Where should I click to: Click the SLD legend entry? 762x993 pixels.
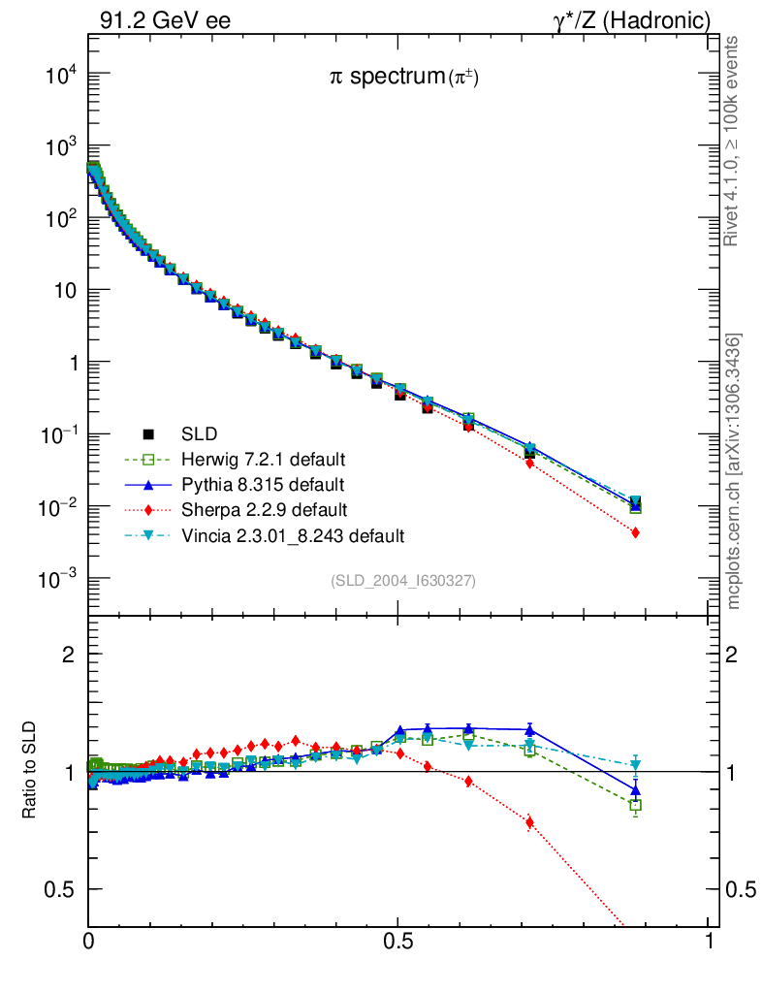point(199,432)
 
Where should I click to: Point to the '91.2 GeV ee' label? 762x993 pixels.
point(164,20)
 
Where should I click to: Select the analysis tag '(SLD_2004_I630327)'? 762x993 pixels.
point(403,580)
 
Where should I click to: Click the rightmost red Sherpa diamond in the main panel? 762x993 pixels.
point(635,532)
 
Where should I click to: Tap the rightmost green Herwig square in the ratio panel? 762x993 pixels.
point(635,805)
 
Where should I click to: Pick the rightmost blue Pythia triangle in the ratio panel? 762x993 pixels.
point(635,790)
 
